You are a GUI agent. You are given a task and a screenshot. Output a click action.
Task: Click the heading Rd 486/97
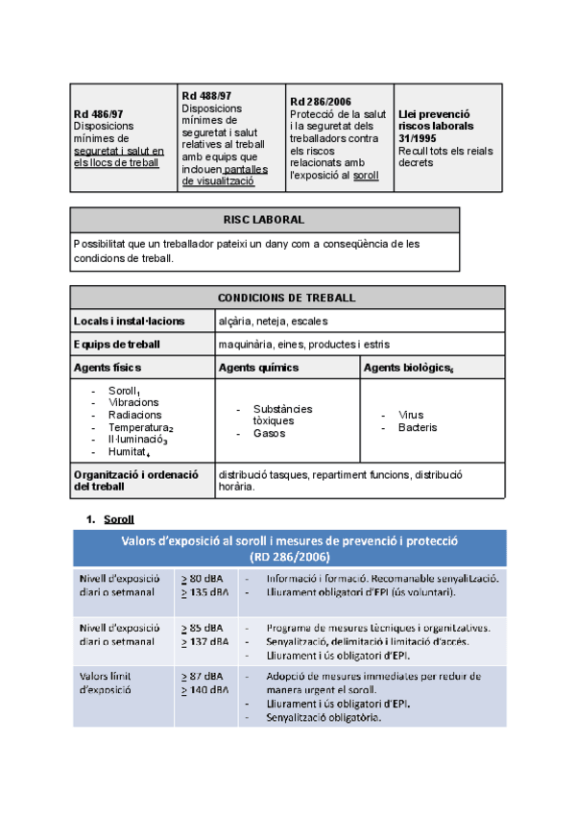tap(99, 114)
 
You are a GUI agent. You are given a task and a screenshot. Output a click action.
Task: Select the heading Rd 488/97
tap(206, 95)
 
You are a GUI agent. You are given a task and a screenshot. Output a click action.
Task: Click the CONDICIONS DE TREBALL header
tap(288, 298)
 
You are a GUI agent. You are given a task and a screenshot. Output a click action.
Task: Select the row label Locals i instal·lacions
tap(129, 321)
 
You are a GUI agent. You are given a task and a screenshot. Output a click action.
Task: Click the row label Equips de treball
tap(116, 344)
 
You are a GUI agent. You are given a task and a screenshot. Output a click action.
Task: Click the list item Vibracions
tap(133, 403)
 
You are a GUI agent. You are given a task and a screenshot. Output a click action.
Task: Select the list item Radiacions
tap(134, 416)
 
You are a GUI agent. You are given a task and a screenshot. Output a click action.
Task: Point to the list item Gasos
tap(270, 434)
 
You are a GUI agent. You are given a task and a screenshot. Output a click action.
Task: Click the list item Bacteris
tap(418, 427)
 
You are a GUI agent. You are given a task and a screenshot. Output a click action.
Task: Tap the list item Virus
tap(411, 415)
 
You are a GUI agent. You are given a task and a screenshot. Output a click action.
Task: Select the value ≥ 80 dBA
tap(204, 579)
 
